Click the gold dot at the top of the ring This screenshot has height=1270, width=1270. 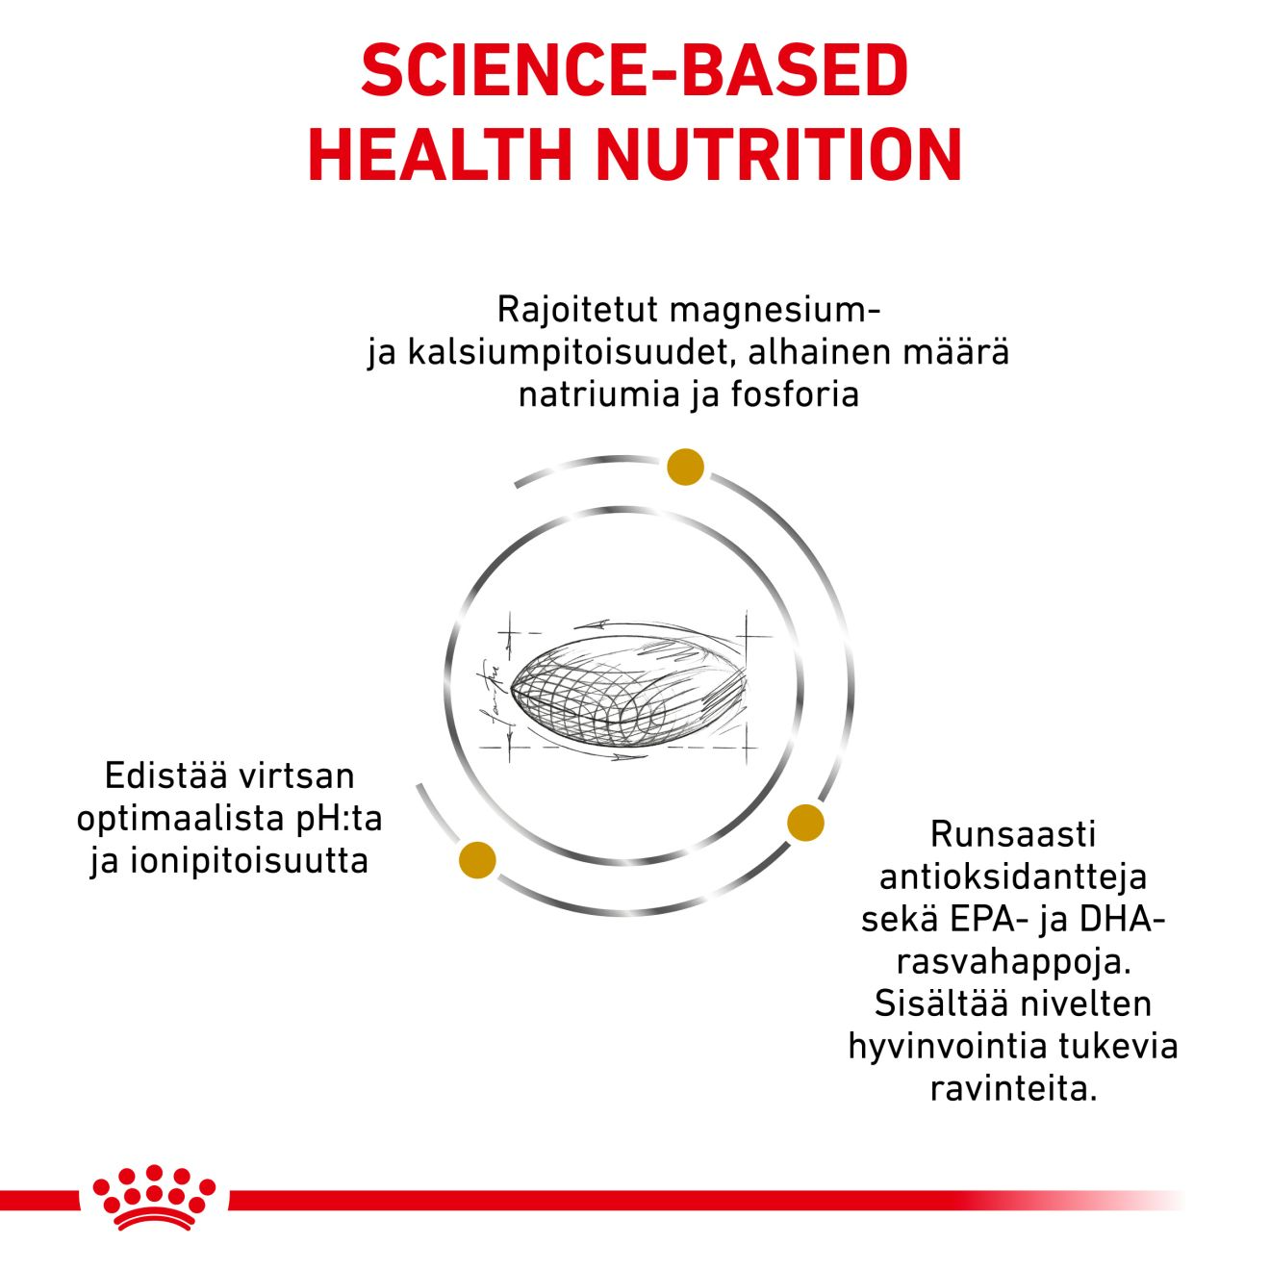click(x=685, y=467)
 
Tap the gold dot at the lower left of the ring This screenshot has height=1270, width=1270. click(x=478, y=859)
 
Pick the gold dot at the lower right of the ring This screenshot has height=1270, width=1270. click(x=805, y=823)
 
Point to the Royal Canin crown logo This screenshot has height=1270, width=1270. click(x=154, y=1197)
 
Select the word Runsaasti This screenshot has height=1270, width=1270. click(x=1013, y=834)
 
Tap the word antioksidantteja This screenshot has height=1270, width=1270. click(x=1013, y=876)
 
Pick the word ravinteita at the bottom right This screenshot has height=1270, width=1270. click(x=1013, y=1089)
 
